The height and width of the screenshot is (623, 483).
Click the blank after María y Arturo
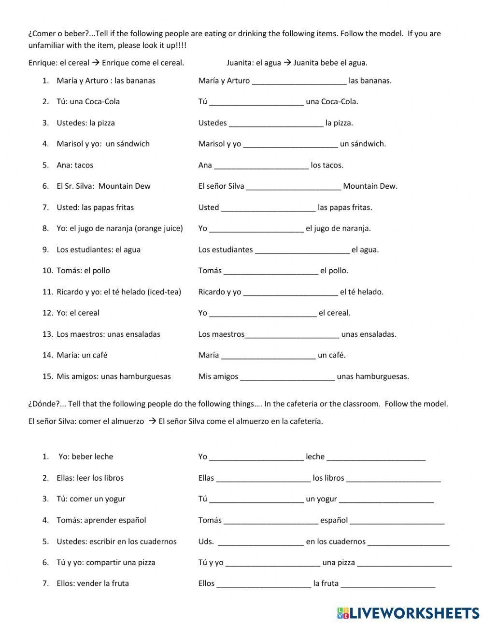click(299, 81)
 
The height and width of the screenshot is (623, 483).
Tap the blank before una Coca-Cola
click(256, 102)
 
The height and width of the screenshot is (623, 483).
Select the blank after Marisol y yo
click(290, 144)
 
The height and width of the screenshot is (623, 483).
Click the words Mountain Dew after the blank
click(370, 186)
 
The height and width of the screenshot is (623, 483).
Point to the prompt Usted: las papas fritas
click(95, 208)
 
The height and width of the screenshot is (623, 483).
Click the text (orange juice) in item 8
click(159, 229)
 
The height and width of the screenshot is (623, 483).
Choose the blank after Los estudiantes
click(302, 250)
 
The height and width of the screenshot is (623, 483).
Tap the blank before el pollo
click(271, 271)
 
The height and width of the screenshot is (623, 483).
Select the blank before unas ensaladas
click(292, 334)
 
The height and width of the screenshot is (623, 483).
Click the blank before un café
click(268, 356)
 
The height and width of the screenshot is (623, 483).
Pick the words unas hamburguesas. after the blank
click(373, 377)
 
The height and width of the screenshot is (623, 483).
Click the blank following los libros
click(393, 479)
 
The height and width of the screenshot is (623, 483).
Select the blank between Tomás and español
click(271, 521)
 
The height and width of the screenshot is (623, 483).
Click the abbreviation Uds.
click(206, 541)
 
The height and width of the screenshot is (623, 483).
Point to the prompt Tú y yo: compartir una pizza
click(106, 563)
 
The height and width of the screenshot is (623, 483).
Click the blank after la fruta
click(388, 584)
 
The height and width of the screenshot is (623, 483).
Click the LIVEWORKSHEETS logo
click(408, 613)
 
